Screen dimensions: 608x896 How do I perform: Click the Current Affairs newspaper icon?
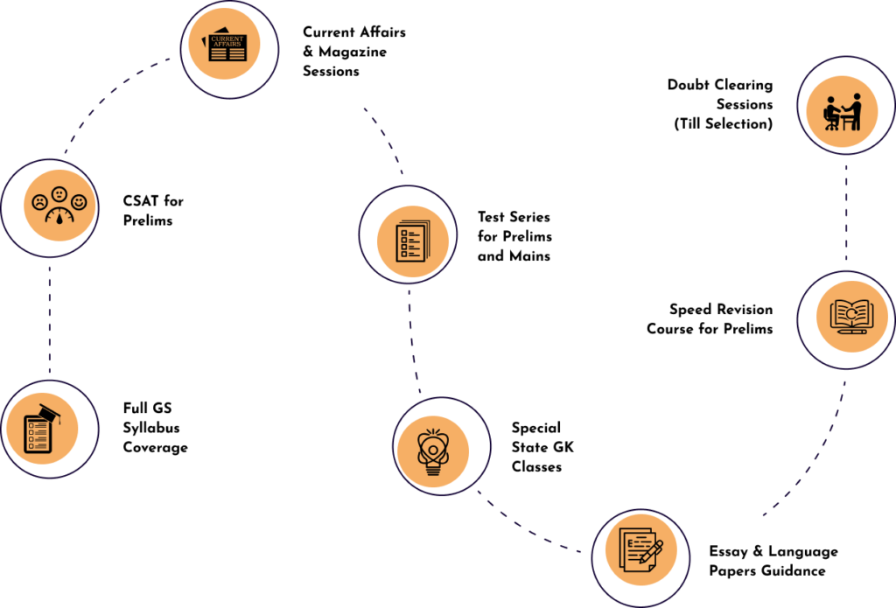click(x=228, y=47)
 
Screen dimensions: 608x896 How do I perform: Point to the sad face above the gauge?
click(x=40, y=202)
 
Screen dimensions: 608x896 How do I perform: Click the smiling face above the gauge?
click(x=80, y=202)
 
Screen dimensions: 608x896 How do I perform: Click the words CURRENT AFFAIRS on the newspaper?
click(x=227, y=41)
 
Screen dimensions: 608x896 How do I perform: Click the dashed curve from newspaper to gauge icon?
click(x=105, y=96)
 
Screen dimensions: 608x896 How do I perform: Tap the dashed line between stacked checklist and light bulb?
click(x=412, y=341)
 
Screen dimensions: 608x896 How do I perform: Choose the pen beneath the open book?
click(x=851, y=331)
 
